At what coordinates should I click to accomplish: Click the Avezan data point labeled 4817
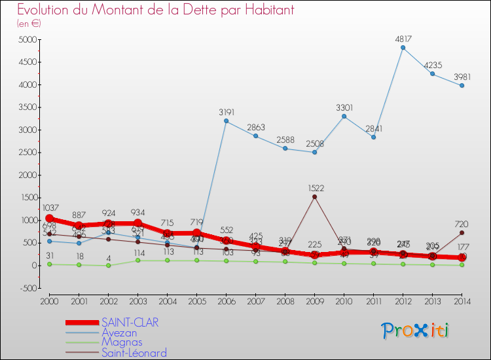pyautogui.click(x=403, y=47)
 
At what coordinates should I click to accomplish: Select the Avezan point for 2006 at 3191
pyautogui.click(x=226, y=121)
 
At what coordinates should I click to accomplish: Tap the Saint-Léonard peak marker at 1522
pyautogui.click(x=314, y=196)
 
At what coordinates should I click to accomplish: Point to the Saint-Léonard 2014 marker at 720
pyautogui.click(x=462, y=233)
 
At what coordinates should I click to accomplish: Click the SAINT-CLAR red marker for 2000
pyautogui.click(x=49, y=219)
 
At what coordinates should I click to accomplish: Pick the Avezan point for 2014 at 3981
pyautogui.click(x=462, y=85)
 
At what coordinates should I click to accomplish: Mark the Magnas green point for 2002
pyautogui.click(x=108, y=265)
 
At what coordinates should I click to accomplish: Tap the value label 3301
pyautogui.click(x=344, y=107)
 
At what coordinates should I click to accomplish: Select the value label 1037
pyautogui.click(x=51, y=208)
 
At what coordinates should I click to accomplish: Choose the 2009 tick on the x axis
pyautogui.click(x=314, y=301)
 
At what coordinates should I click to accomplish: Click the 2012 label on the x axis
pyautogui.click(x=403, y=301)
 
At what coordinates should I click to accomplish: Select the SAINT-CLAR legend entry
pyautogui.click(x=130, y=322)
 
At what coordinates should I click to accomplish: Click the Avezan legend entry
pyautogui.click(x=119, y=333)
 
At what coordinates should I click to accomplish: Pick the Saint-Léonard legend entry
pyautogui.click(x=134, y=353)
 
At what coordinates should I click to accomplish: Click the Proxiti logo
pyautogui.click(x=415, y=331)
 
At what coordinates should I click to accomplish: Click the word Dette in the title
pyautogui.click(x=181, y=10)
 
